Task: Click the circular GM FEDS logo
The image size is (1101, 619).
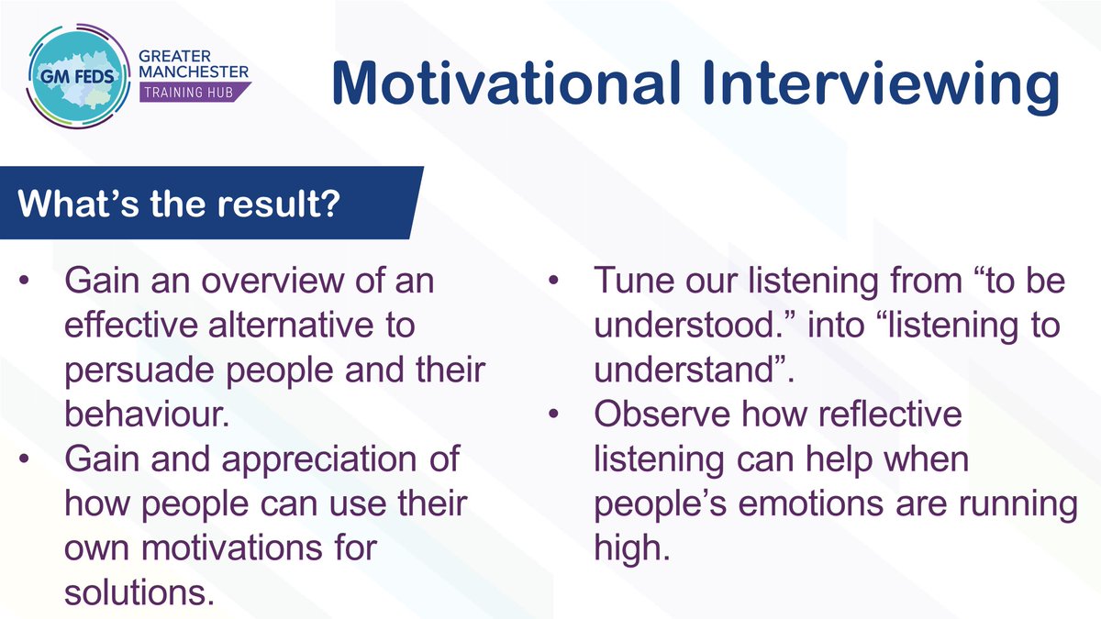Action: pos(79,76)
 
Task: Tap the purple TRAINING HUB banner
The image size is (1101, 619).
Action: pos(195,92)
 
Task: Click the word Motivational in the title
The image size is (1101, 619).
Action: pos(506,83)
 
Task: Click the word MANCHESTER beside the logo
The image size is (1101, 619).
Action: pos(194,72)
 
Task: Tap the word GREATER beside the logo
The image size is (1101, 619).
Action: pos(174,56)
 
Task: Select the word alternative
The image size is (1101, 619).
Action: pos(291,326)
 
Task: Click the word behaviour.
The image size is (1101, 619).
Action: pos(147,415)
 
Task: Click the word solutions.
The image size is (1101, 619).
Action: pos(139,592)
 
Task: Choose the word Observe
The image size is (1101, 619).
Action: pos(662,415)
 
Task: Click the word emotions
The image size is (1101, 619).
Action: pos(811,504)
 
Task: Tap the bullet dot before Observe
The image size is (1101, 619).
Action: pos(553,414)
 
